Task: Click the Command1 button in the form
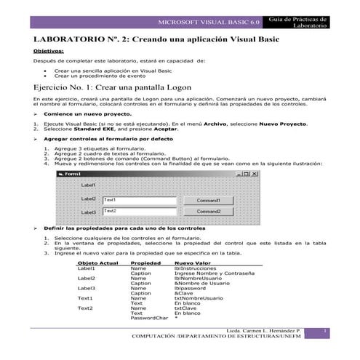coord(208,200)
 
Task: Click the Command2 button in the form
coord(208,212)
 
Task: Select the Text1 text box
coord(138,200)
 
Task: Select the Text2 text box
coord(138,212)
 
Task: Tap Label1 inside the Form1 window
coord(88,185)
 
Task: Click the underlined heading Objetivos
coord(49,52)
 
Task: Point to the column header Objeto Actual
coord(97,263)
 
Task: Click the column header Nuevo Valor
coord(192,263)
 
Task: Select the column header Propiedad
coord(145,263)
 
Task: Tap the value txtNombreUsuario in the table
coord(199,298)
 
